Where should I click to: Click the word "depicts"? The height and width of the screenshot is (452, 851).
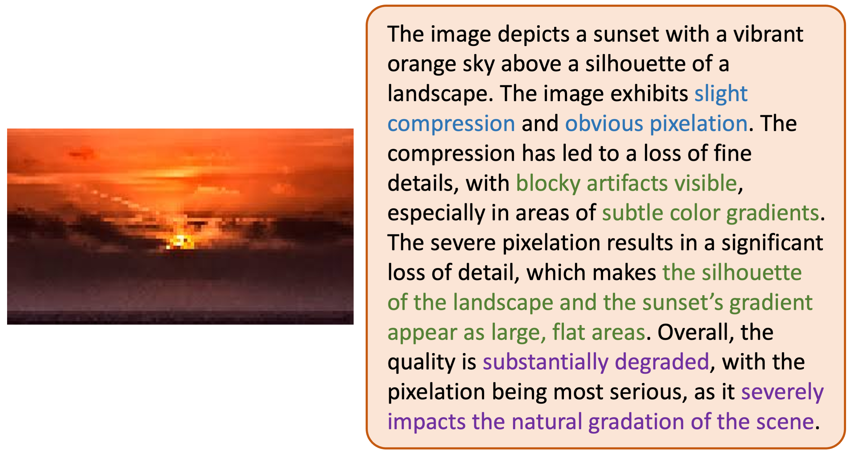[533, 34]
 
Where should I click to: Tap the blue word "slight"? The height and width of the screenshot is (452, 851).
[721, 94]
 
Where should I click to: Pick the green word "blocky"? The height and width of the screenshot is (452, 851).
[548, 183]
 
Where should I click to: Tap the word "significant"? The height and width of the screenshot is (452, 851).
[772, 243]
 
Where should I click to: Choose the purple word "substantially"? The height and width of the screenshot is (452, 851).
[545, 362]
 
